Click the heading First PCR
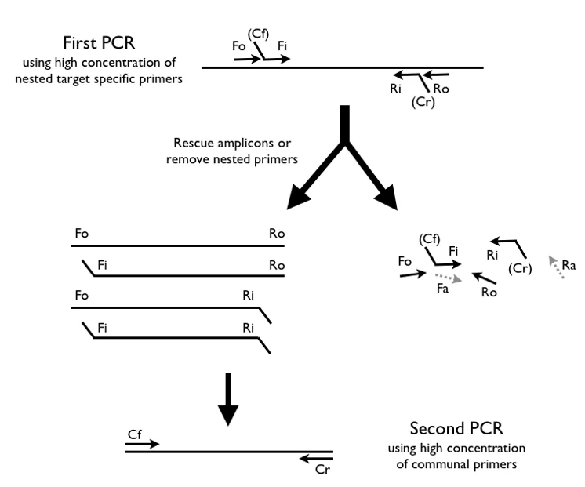click(99, 42)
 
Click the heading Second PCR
click(456, 428)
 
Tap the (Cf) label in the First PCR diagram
click(258, 35)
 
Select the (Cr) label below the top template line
click(423, 102)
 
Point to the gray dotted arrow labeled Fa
click(449, 278)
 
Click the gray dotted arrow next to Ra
click(556, 267)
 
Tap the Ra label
click(569, 265)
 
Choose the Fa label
click(442, 289)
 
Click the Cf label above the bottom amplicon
click(134, 434)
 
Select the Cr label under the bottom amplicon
click(322, 469)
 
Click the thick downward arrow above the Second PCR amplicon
click(228, 399)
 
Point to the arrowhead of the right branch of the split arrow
click(387, 198)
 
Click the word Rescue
click(194, 143)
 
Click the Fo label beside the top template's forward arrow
click(238, 46)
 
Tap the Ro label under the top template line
click(441, 89)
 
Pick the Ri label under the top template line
click(395, 89)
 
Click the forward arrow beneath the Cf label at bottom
click(143, 444)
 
